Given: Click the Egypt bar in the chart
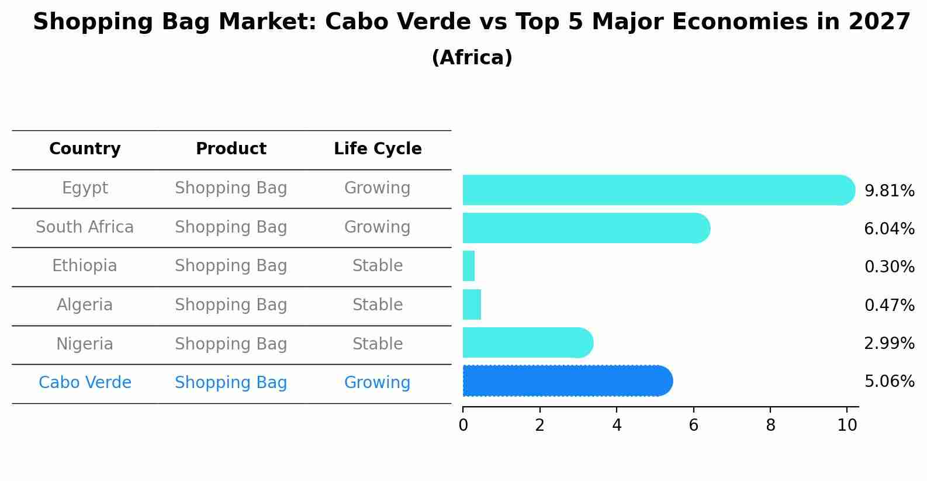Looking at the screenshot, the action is tap(659, 190).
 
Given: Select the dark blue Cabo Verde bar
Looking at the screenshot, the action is tap(568, 381).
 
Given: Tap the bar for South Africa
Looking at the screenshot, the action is tap(586, 228).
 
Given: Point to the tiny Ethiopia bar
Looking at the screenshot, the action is tap(468, 266).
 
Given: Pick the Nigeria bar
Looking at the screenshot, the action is tap(528, 342).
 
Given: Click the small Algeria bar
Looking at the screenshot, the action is tap(472, 304).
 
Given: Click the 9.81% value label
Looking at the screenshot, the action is tap(890, 191).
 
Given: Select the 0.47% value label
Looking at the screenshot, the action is tap(890, 305).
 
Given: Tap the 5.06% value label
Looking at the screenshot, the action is tap(890, 381).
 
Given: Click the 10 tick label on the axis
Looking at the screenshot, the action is tap(847, 425).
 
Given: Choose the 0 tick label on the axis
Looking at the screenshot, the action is tap(463, 425).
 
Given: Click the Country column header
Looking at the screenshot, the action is tap(85, 148).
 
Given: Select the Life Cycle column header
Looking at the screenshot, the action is tap(378, 148).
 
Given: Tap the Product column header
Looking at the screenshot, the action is tap(231, 148).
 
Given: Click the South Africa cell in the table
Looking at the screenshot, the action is tap(85, 227).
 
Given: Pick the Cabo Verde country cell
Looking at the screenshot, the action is tap(85, 382).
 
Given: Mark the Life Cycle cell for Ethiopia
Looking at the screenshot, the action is tap(378, 265).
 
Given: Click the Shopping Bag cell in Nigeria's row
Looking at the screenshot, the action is tap(231, 344).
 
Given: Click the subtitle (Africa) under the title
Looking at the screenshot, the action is tap(472, 57).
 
